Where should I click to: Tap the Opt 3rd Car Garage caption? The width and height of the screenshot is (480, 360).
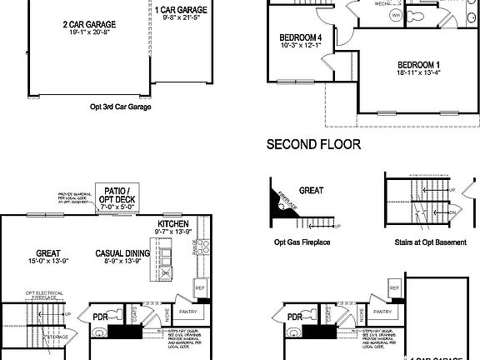pyautogui.click(x=127, y=107)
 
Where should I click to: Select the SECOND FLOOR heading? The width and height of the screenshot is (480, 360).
pyautogui.click(x=313, y=144)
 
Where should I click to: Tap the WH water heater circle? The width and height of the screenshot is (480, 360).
pyautogui.click(x=396, y=15)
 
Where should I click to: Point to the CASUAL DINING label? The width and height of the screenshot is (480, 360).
pyautogui.click(x=122, y=253)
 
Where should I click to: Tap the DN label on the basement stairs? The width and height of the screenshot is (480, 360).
pyautogui.click(x=452, y=212)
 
